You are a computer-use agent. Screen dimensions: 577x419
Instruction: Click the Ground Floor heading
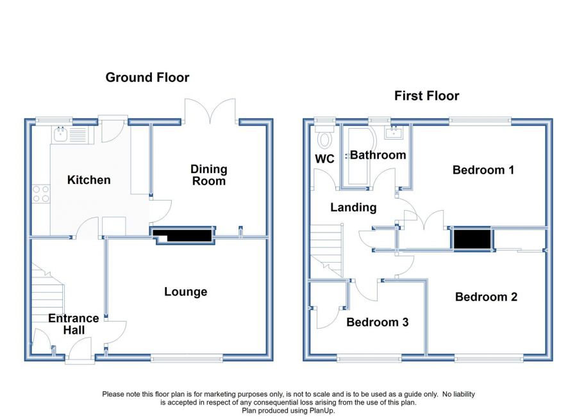coord(147,78)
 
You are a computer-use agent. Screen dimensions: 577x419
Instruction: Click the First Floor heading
coord(426,95)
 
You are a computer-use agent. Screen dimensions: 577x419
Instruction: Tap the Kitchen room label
coord(88,180)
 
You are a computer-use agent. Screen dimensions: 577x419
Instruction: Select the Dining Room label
coord(208,175)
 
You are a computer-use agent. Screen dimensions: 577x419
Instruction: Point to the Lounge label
coord(185,292)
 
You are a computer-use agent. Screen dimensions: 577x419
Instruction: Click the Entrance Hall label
coord(74,324)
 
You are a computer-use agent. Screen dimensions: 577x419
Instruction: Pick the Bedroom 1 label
coord(483,170)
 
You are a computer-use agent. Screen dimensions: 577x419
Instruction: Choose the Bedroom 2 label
coord(486,297)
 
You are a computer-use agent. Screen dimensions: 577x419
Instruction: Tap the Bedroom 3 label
coord(377,322)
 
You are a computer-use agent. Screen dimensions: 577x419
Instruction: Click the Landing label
coord(353,208)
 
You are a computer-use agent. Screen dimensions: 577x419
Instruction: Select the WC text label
coord(324,159)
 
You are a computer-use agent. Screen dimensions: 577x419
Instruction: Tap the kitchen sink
coord(60,135)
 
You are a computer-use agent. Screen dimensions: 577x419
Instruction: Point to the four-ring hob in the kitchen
coord(41,194)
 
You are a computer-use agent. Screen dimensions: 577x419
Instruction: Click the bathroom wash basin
coord(394,132)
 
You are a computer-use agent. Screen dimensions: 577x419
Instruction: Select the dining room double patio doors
coord(210,111)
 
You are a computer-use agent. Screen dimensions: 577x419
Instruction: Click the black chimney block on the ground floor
coord(183,235)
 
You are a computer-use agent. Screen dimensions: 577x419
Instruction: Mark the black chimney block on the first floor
coord(472,239)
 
